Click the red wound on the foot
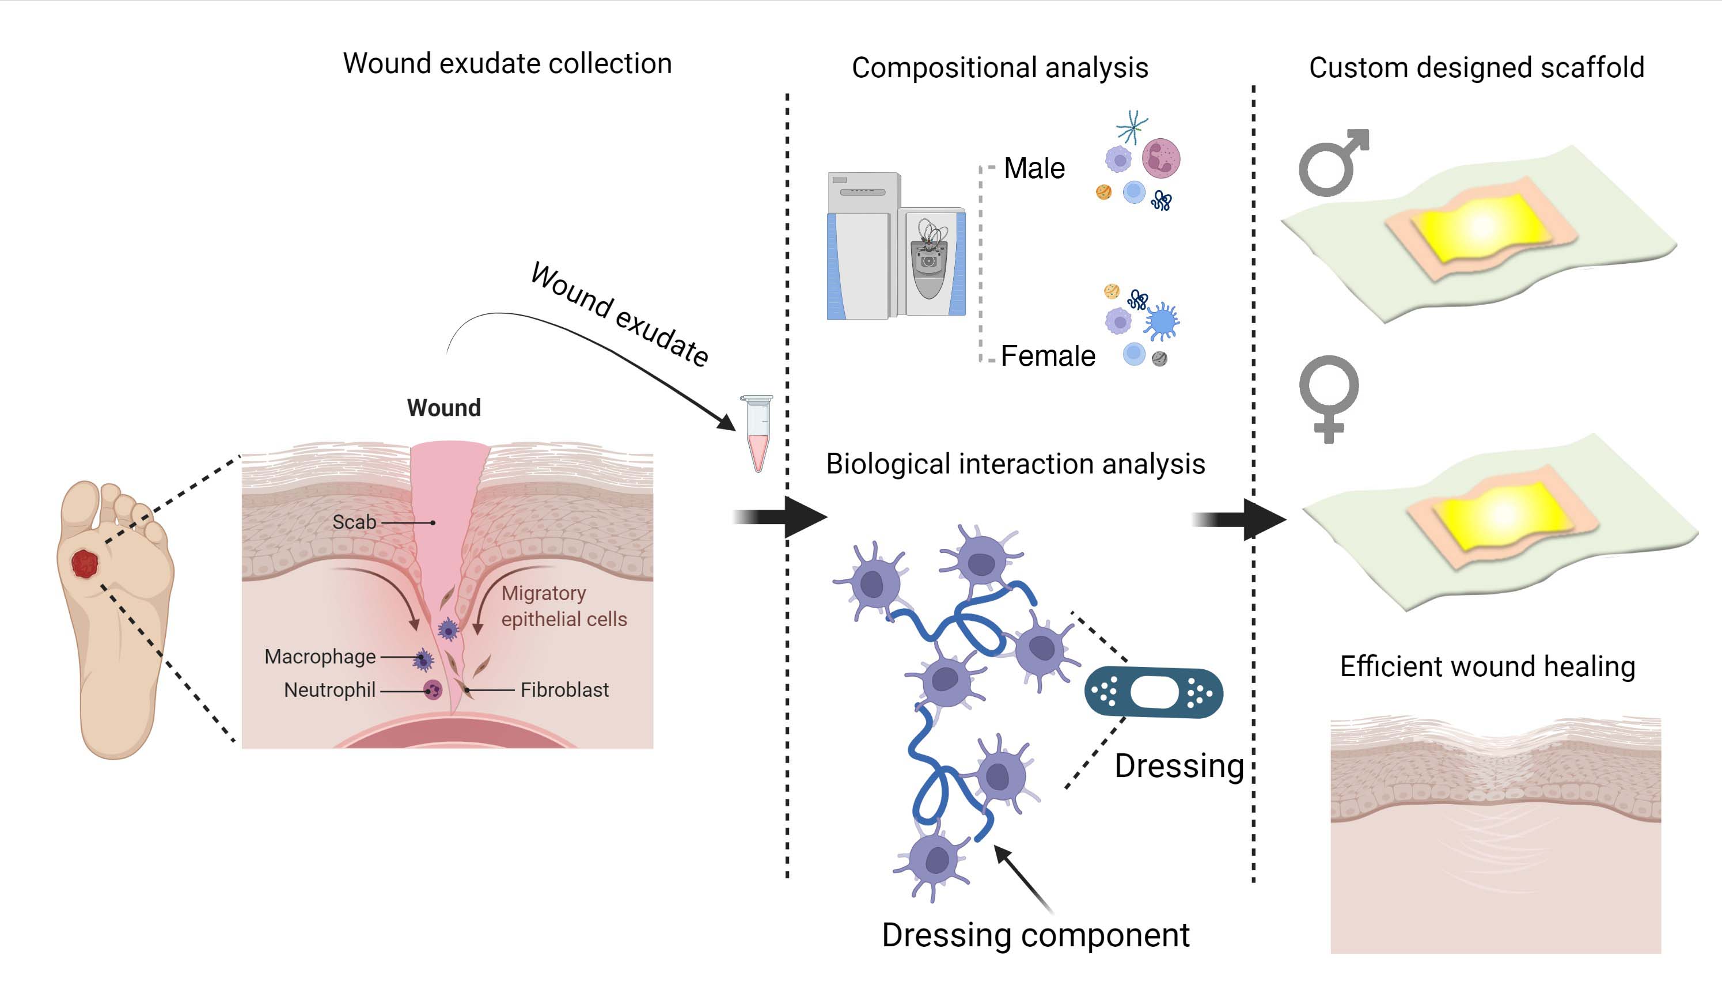tap(85, 563)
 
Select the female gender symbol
tap(1328, 398)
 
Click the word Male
tap(1034, 169)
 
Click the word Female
tap(1047, 356)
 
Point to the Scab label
tap(354, 522)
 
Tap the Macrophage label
tap(320, 656)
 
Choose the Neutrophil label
tap(329, 690)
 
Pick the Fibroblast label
tap(564, 690)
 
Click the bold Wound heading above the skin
tap(443, 408)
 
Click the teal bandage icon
tap(1153, 693)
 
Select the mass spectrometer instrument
tap(896, 246)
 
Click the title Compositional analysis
tap(999, 68)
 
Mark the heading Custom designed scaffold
tap(1476, 68)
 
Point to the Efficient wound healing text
tap(1486, 666)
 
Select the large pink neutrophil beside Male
tap(1160, 158)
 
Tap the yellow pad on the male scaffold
tap(1480, 226)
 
